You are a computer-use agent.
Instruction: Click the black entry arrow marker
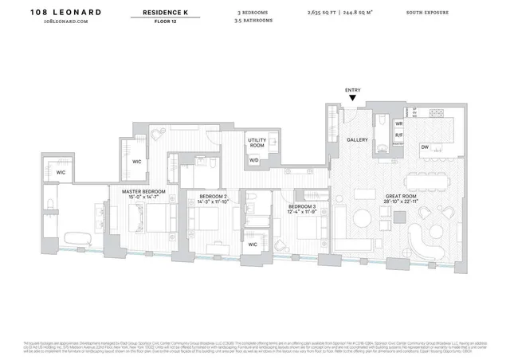click(353, 98)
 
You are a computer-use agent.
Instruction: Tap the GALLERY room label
click(357, 139)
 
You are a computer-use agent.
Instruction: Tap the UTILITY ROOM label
click(257, 143)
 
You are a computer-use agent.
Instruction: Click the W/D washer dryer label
click(253, 160)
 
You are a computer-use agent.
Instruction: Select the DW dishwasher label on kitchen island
click(426, 147)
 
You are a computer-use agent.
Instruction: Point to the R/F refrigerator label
click(399, 136)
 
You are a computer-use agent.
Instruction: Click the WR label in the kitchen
click(399, 124)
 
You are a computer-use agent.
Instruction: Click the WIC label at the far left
click(61, 172)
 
